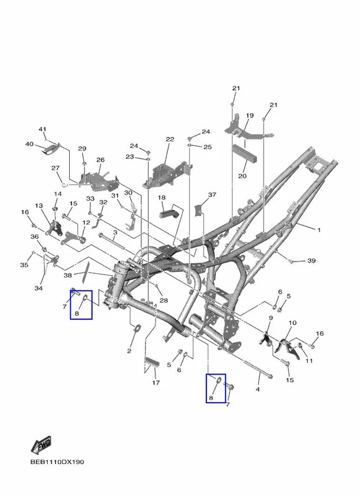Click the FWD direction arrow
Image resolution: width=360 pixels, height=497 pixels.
tap(41, 445)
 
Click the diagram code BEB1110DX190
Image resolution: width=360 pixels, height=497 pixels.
tap(57, 462)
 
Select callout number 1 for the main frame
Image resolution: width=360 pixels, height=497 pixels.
tap(319, 230)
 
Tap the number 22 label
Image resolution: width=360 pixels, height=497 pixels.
tap(170, 139)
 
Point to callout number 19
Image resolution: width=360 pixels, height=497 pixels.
tap(249, 116)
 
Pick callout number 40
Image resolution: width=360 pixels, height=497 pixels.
tap(29, 144)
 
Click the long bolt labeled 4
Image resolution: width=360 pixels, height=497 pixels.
tap(258, 370)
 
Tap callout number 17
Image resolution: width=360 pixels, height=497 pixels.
tap(155, 383)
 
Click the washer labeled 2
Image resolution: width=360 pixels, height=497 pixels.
tap(137, 329)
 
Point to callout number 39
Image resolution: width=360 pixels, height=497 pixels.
tap(312, 260)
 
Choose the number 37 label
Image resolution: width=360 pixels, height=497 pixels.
tap(212, 194)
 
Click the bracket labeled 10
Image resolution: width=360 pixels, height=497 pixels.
tap(287, 349)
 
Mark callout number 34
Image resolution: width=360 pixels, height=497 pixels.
tap(39, 288)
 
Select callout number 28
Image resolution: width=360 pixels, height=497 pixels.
tap(164, 300)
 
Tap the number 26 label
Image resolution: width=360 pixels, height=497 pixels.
tap(101, 160)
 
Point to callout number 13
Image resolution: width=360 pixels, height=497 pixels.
tap(39, 206)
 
